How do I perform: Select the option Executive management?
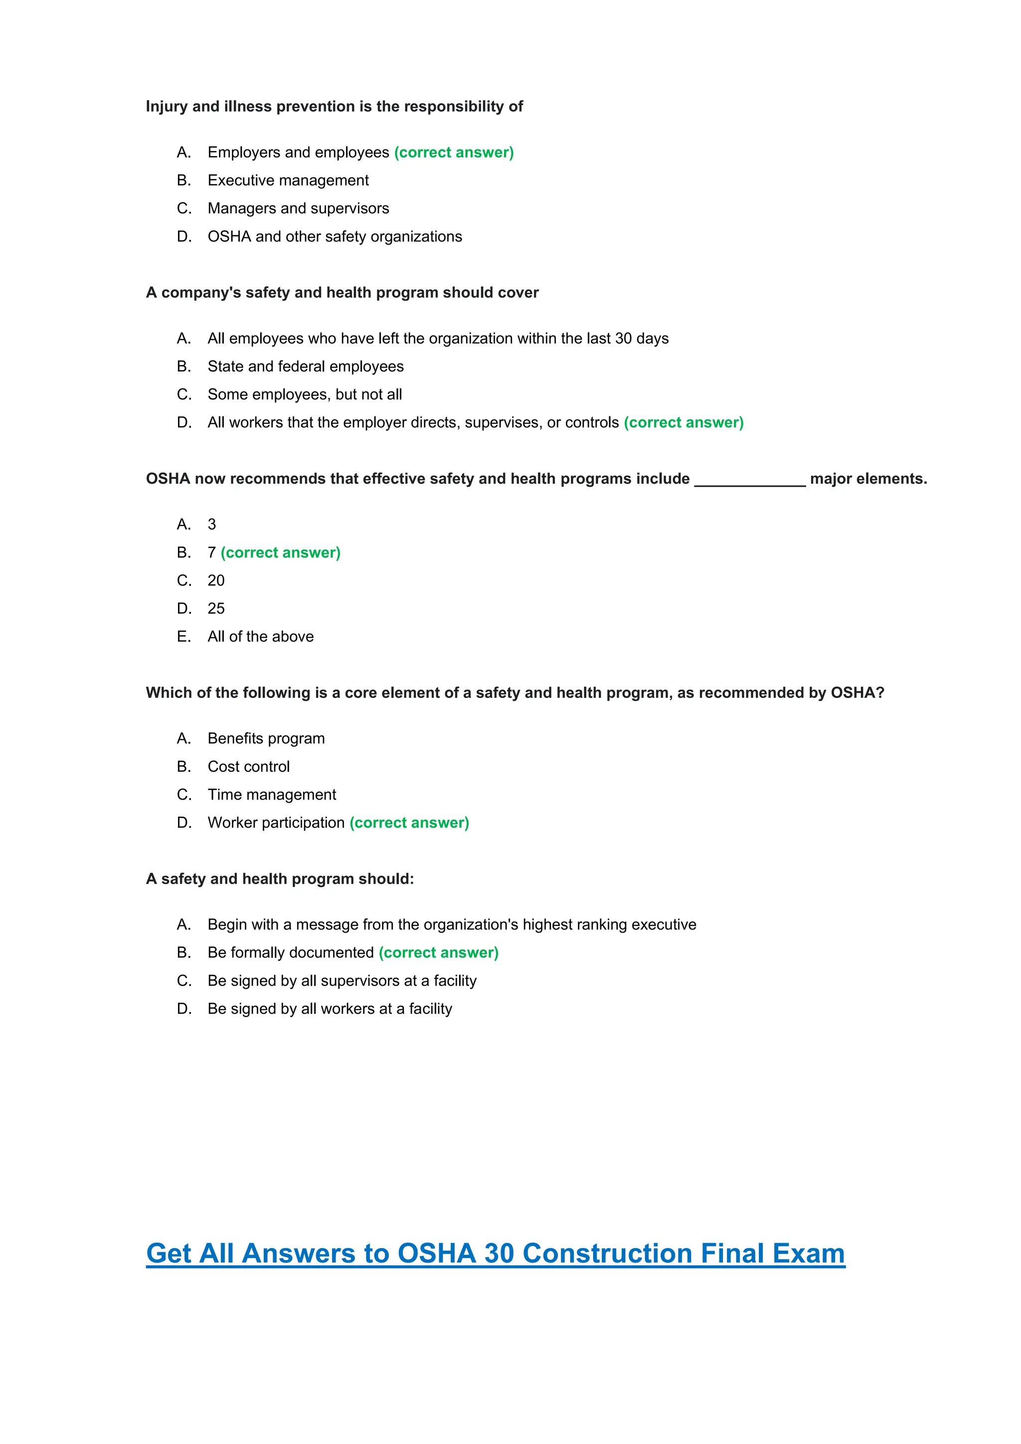(288, 180)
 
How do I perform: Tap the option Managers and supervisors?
(298, 208)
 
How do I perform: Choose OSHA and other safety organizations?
(335, 236)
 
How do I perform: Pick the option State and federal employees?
(306, 366)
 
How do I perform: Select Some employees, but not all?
(304, 394)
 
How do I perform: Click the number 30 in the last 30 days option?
(623, 339)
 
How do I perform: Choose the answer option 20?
(216, 580)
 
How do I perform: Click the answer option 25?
(216, 609)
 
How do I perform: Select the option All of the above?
(260, 636)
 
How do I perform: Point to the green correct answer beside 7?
(280, 553)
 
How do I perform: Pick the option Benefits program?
(266, 738)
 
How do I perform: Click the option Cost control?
(248, 767)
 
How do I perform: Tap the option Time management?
(272, 795)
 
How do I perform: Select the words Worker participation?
(276, 823)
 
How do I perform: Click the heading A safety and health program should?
(280, 879)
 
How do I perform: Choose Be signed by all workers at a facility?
(330, 1009)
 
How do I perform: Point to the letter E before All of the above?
(183, 636)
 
